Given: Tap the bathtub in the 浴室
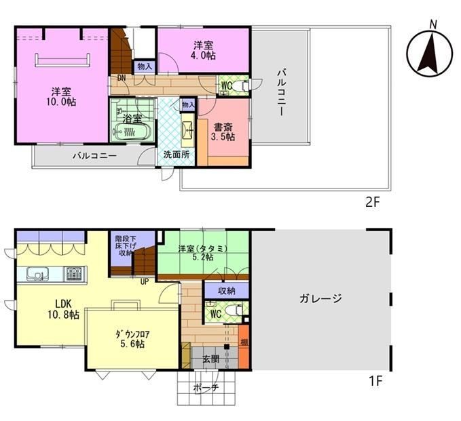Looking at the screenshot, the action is pyautogui.click(x=132, y=132).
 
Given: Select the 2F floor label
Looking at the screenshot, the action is pyautogui.click(x=373, y=202).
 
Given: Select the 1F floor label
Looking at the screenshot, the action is pyautogui.click(x=375, y=382).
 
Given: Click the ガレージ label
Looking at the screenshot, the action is pyautogui.click(x=320, y=298).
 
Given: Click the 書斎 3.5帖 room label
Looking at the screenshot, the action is pyautogui.click(x=224, y=132).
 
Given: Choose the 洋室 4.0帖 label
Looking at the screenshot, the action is pyautogui.click(x=203, y=50).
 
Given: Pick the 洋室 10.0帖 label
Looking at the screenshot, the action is pyautogui.click(x=61, y=97).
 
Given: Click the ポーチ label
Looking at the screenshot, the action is pyautogui.click(x=206, y=388).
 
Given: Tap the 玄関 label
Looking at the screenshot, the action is pyautogui.click(x=210, y=359).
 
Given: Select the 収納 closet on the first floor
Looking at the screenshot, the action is pyautogui.click(x=227, y=291).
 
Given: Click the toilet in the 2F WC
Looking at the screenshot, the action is pyautogui.click(x=244, y=85).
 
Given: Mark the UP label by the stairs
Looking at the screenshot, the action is pyautogui.click(x=145, y=282).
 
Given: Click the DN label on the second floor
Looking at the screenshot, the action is pyautogui.click(x=122, y=78).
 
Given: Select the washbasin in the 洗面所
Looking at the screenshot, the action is pyautogui.click(x=187, y=130).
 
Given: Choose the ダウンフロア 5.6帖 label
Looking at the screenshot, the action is pyautogui.click(x=132, y=339).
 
